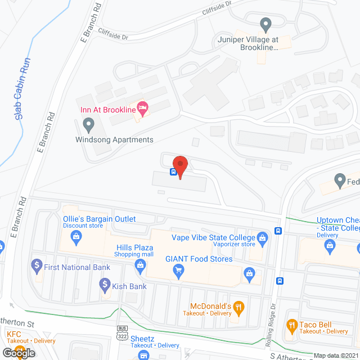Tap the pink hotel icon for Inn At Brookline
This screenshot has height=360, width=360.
pos(143,108)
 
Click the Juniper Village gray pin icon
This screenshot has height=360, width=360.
pos(265,24)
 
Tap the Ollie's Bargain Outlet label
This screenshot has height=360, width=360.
pos(98,219)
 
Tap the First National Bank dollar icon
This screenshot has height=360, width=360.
pos(37,263)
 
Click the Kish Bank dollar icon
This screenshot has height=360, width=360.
pos(104,285)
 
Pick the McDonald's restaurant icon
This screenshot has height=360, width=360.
pos(239,307)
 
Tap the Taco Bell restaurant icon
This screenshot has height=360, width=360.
pos(291,325)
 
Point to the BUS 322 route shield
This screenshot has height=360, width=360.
pos(122,332)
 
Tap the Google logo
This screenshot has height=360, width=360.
pos(18,353)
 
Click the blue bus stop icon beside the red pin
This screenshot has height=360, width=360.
pos(174,172)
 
